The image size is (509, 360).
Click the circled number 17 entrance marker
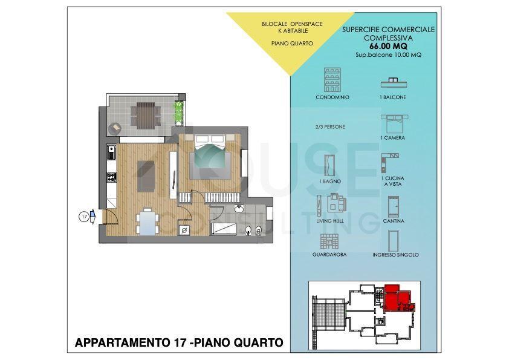84,217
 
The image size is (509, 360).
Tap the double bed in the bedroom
210,157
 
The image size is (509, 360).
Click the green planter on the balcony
179,113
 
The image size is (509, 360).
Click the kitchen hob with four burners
112,177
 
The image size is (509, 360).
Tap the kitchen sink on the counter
111,152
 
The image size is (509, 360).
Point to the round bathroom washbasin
239,209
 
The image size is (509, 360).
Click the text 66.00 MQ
388,46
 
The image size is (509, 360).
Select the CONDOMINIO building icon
332,80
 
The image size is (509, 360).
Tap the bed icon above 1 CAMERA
394,123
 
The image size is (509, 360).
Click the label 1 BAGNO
330,182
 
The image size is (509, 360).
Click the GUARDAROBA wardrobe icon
329,242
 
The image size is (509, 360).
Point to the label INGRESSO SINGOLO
395,255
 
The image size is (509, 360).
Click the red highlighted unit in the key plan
398,298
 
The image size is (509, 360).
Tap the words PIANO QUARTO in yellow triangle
292,43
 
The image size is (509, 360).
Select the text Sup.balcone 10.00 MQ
388,55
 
